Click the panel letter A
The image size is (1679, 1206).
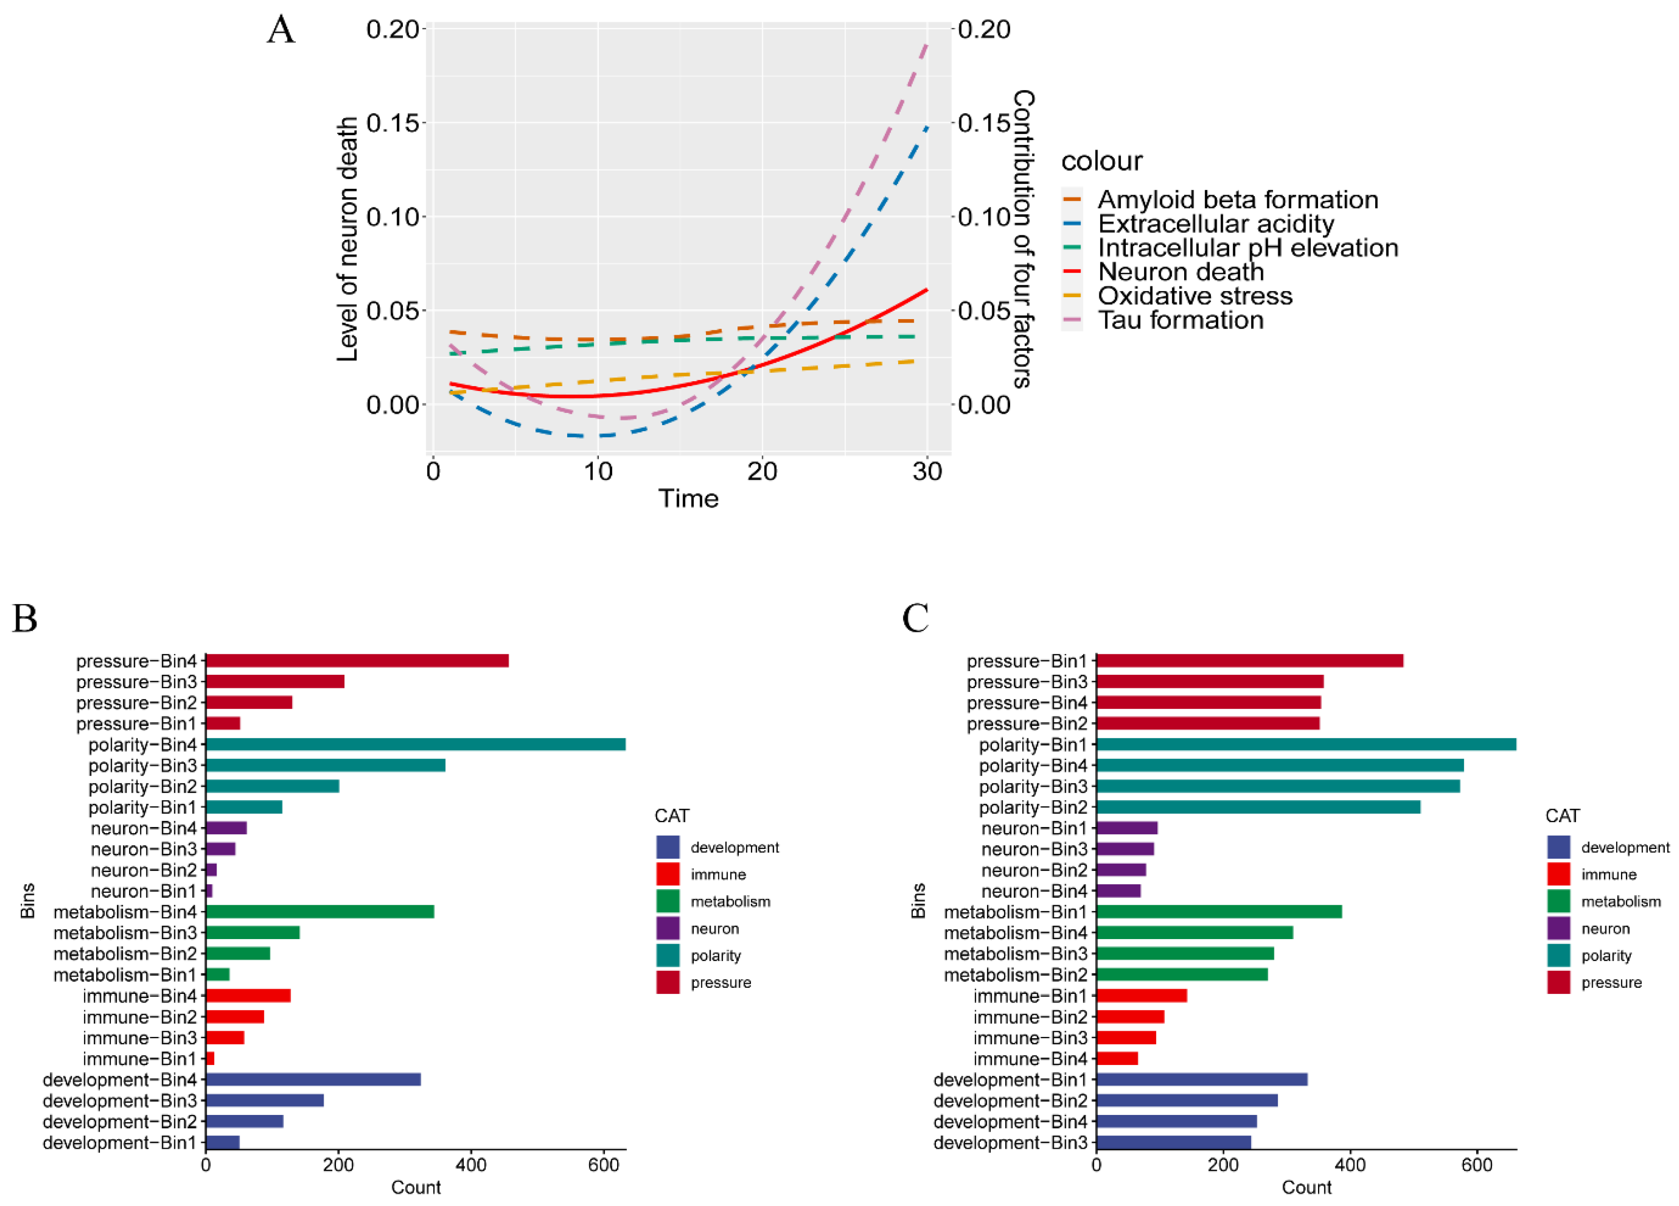pyautogui.click(x=281, y=31)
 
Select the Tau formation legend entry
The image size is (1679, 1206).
pyautogui.click(x=1181, y=320)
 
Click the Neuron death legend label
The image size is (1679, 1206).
pyautogui.click(x=1181, y=272)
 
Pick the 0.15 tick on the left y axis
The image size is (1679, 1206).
pyautogui.click(x=392, y=123)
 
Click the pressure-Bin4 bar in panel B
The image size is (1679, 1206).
pyautogui.click(x=357, y=661)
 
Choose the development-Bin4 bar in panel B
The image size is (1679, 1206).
pyautogui.click(x=313, y=1079)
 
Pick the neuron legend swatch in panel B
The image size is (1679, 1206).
pyautogui.click(x=668, y=928)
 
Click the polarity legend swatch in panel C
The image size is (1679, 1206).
pyautogui.click(x=1559, y=956)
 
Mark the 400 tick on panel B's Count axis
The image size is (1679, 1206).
pyautogui.click(x=471, y=1164)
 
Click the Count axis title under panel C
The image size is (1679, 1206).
pyautogui.click(x=1306, y=1188)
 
